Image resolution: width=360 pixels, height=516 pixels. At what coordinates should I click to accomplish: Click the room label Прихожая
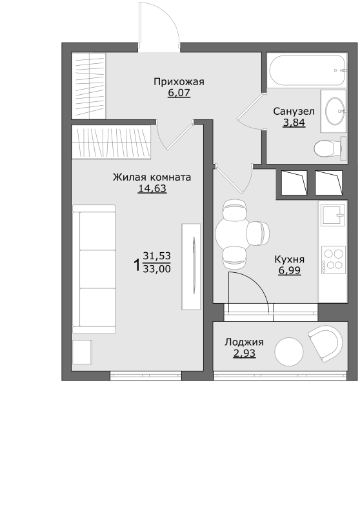coord(179,82)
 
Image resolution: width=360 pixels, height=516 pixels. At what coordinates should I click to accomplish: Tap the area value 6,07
coord(179,93)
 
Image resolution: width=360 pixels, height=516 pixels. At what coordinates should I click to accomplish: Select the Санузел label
coord(294,111)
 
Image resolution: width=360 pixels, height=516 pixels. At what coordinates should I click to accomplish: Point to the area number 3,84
coord(294,123)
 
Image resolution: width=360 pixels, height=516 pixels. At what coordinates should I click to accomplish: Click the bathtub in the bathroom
coord(306,70)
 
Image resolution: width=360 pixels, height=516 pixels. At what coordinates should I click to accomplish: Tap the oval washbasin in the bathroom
coord(335,111)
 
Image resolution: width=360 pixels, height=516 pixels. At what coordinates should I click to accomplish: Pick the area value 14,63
coord(152,188)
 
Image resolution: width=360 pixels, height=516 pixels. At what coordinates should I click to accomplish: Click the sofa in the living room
coord(94,269)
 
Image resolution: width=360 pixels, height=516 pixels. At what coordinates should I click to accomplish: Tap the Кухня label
coord(289,259)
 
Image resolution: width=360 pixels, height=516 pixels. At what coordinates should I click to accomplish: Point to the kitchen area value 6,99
coord(289,270)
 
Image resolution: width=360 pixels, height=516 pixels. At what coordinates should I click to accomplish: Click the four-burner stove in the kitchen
coord(333,260)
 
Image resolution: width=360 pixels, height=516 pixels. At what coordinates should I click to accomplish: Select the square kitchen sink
coord(334,215)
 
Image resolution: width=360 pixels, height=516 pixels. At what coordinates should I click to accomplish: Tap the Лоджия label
coord(244,342)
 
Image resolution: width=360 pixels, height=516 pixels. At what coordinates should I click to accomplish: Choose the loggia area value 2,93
coord(244,353)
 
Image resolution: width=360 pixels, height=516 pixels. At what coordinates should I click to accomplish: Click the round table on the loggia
coord(288,352)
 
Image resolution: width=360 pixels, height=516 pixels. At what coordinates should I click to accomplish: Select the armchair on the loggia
coord(325,343)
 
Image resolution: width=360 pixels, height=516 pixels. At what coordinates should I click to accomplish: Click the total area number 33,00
coord(157,269)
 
